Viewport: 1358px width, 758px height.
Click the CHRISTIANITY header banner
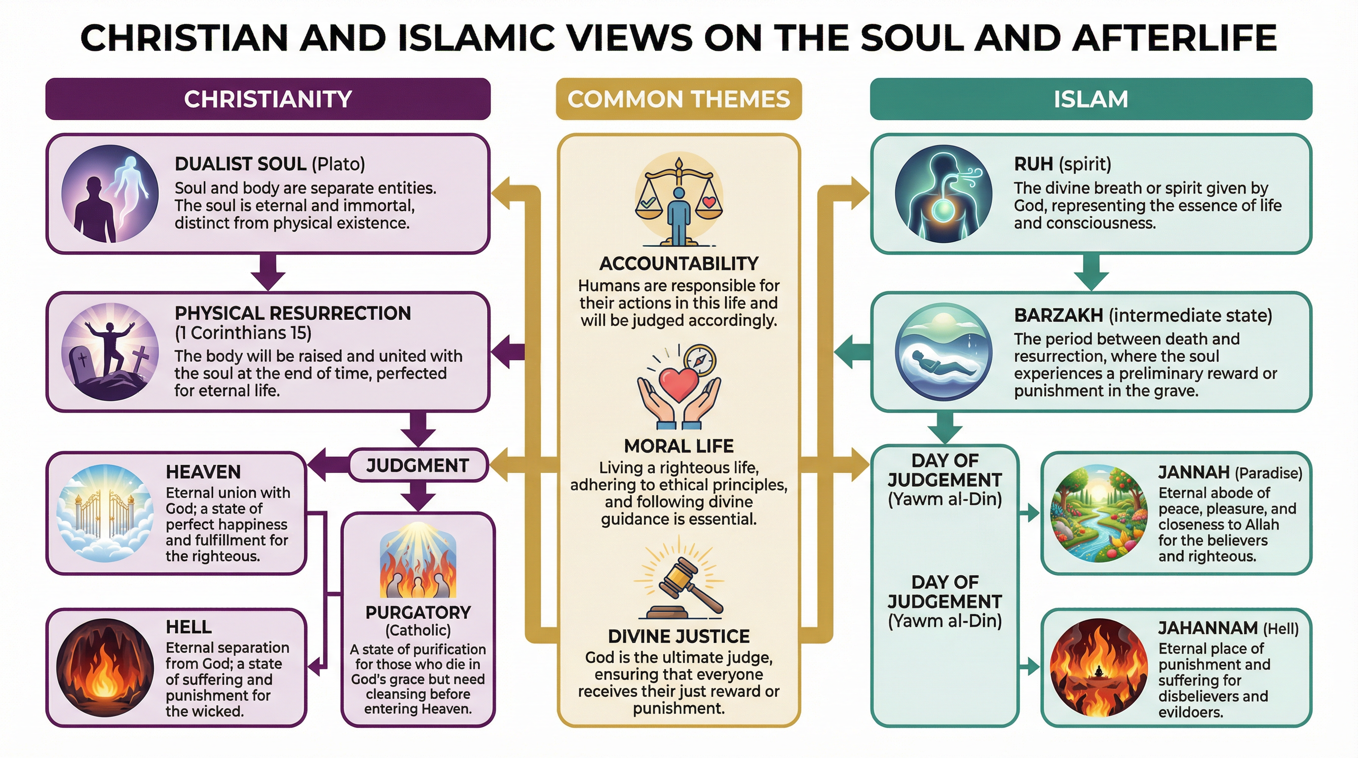coord(268,99)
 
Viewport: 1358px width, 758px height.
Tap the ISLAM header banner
coord(1090,99)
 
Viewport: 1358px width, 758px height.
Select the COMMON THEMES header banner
coord(679,99)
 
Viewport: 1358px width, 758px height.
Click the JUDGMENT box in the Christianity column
coord(417,465)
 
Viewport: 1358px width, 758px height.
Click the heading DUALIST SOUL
coord(240,164)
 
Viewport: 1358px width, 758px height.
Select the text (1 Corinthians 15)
coord(243,333)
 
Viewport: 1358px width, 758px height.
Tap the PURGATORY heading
coord(418,612)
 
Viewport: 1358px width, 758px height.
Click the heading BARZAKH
coord(1058,315)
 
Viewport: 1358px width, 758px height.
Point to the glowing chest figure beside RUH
coord(943,193)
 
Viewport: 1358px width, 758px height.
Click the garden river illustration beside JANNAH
coord(1098,512)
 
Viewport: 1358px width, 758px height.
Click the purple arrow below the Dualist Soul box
coord(268,272)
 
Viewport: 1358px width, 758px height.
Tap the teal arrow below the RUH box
coord(1091,272)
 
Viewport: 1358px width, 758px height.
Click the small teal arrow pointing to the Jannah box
coord(1029,512)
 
